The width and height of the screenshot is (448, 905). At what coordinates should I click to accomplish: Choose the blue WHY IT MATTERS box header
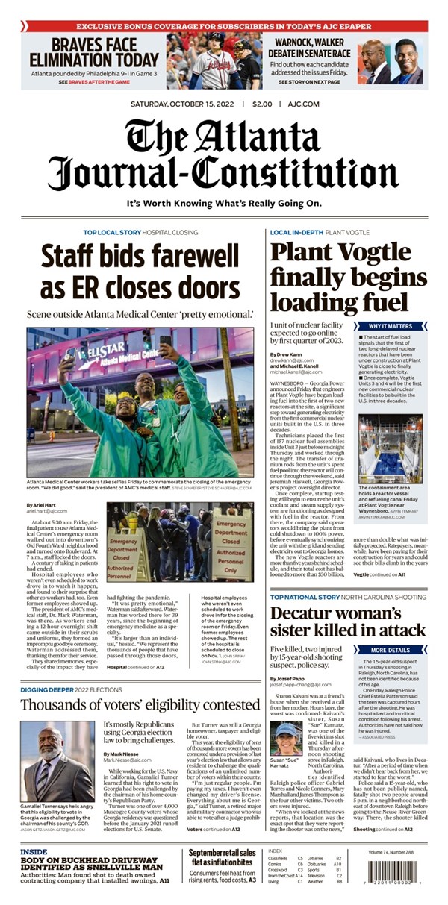coord(390,326)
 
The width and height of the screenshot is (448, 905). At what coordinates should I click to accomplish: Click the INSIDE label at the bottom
coord(34,851)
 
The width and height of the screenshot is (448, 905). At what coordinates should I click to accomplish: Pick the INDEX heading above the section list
coord(275,851)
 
